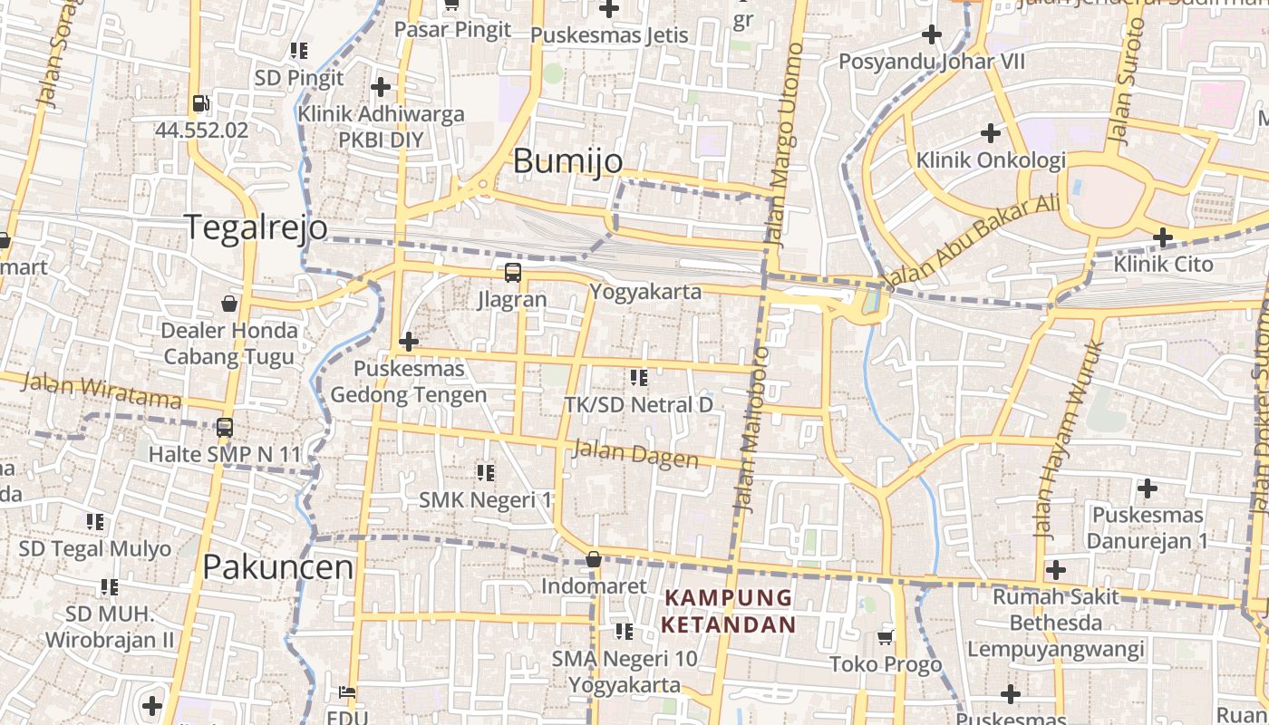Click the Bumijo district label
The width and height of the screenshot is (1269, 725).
567,160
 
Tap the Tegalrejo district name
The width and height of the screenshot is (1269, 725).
256,227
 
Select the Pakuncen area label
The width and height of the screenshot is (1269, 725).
277,567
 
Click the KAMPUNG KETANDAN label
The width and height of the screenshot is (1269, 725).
729,611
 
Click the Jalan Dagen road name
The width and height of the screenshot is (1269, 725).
635,452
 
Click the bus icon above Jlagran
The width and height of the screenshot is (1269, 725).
513,272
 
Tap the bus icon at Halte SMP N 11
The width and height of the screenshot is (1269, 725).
225,427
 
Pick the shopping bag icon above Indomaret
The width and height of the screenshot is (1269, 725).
593,559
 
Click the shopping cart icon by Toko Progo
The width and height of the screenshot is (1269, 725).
886,637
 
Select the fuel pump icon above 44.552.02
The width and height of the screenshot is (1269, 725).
201,103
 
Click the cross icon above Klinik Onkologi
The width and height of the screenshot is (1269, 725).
991,133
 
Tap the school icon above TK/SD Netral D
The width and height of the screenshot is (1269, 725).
639,377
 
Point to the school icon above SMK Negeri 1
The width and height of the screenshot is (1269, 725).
486,472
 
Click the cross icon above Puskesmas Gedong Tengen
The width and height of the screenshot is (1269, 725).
409,342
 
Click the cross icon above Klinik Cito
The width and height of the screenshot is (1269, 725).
1163,237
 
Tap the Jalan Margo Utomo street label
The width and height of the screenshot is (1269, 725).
785,145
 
